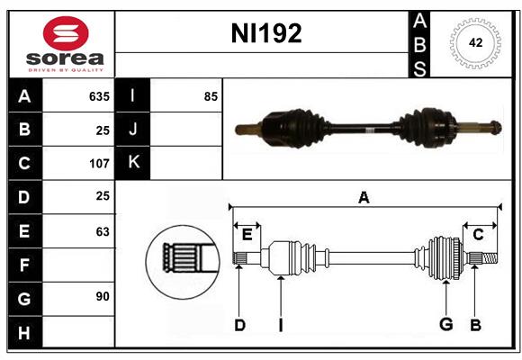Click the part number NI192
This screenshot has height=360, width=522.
[267, 34]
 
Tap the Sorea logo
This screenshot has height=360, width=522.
[66, 44]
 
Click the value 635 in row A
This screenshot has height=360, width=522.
[98, 95]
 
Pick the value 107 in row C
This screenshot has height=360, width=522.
[98, 164]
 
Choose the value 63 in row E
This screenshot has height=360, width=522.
[102, 231]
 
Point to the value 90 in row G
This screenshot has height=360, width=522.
[102, 295]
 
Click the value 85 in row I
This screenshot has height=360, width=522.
[211, 95]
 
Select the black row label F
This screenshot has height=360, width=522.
[24, 265]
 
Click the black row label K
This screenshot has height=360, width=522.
[133, 163]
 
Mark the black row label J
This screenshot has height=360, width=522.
[133, 130]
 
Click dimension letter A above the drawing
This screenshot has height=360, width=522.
[364, 197]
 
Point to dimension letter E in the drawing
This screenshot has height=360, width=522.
[247, 234]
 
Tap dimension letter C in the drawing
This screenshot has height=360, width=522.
[478, 234]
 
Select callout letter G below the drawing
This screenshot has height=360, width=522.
[445, 325]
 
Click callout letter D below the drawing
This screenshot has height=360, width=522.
[239, 325]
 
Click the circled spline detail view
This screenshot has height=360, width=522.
[182, 257]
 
